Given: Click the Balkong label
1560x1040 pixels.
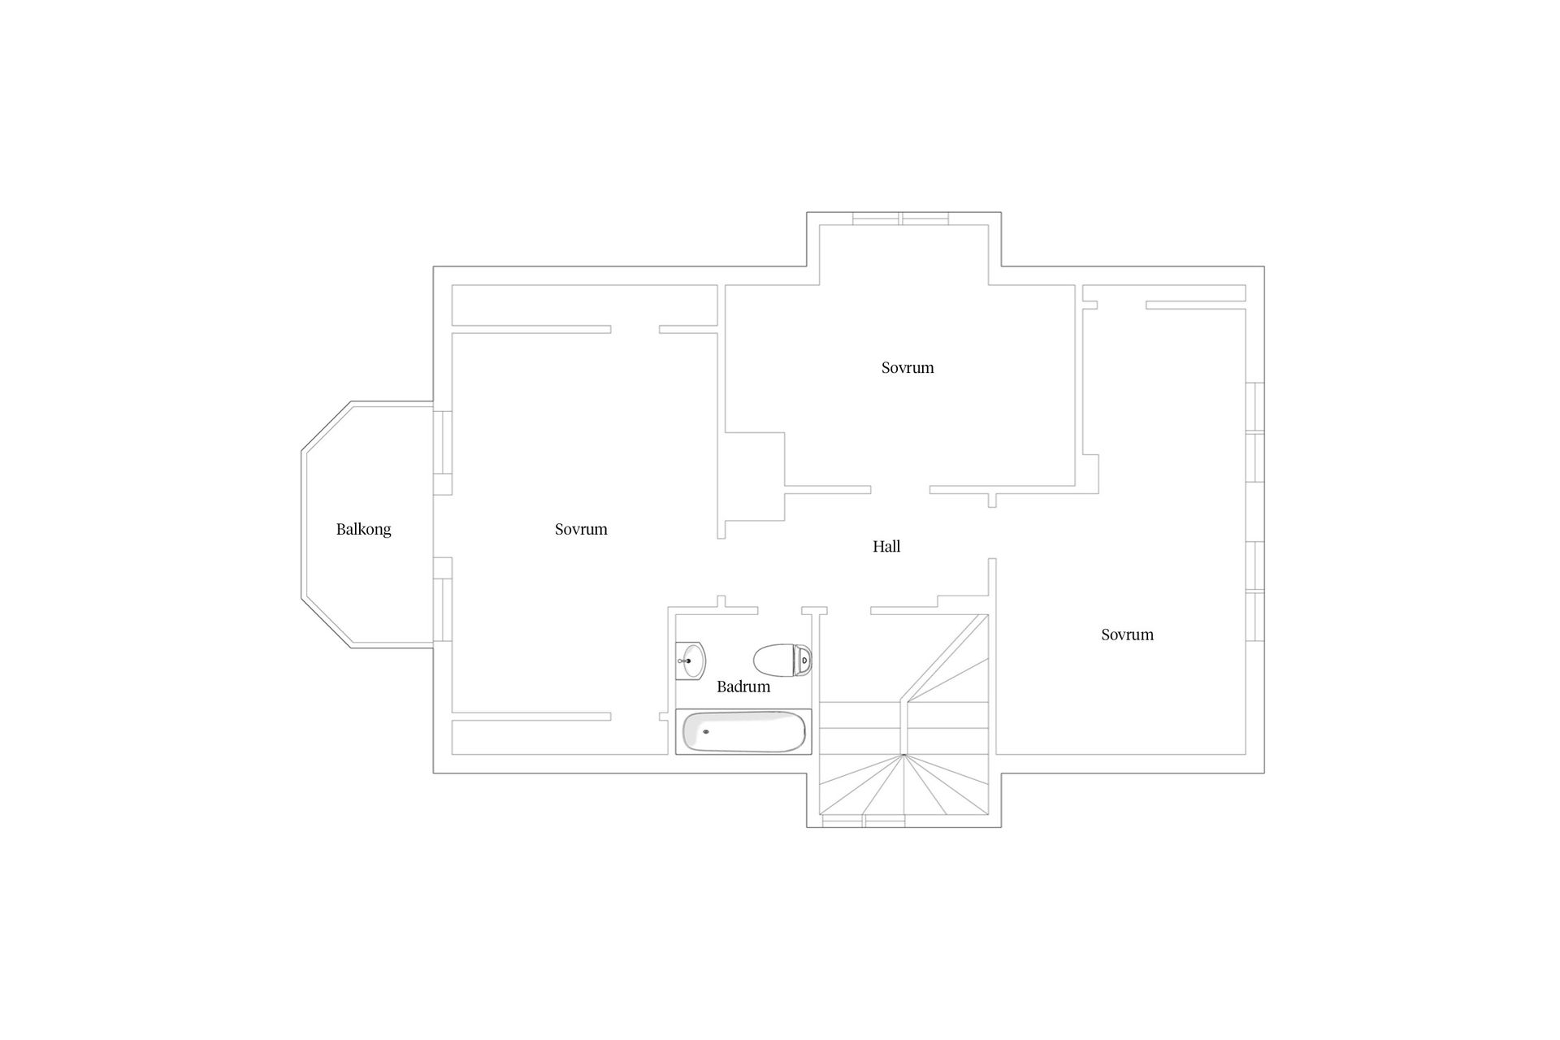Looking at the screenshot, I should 363,529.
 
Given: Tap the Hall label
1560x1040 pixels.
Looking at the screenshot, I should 886,547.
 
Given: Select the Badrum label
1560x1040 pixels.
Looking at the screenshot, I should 743,687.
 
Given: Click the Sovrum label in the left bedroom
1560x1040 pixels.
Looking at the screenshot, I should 581,529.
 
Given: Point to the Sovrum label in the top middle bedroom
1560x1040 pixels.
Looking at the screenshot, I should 908,367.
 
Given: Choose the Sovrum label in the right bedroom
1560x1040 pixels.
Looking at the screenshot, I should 1127,635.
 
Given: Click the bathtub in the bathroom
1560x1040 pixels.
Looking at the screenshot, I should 743,731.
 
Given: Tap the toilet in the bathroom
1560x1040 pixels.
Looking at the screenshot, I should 782,660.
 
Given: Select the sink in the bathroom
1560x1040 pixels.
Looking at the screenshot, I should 691,659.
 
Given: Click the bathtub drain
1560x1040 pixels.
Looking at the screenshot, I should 705,731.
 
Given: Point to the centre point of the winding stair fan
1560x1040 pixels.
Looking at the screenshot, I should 903,756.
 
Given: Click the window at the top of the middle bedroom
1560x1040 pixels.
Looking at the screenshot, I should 900,219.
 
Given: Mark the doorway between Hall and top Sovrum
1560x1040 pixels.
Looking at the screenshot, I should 900,490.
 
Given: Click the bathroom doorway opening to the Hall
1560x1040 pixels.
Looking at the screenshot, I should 780,610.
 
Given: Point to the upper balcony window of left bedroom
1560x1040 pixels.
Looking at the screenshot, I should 442,443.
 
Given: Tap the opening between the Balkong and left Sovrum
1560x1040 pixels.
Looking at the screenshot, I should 442,526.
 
